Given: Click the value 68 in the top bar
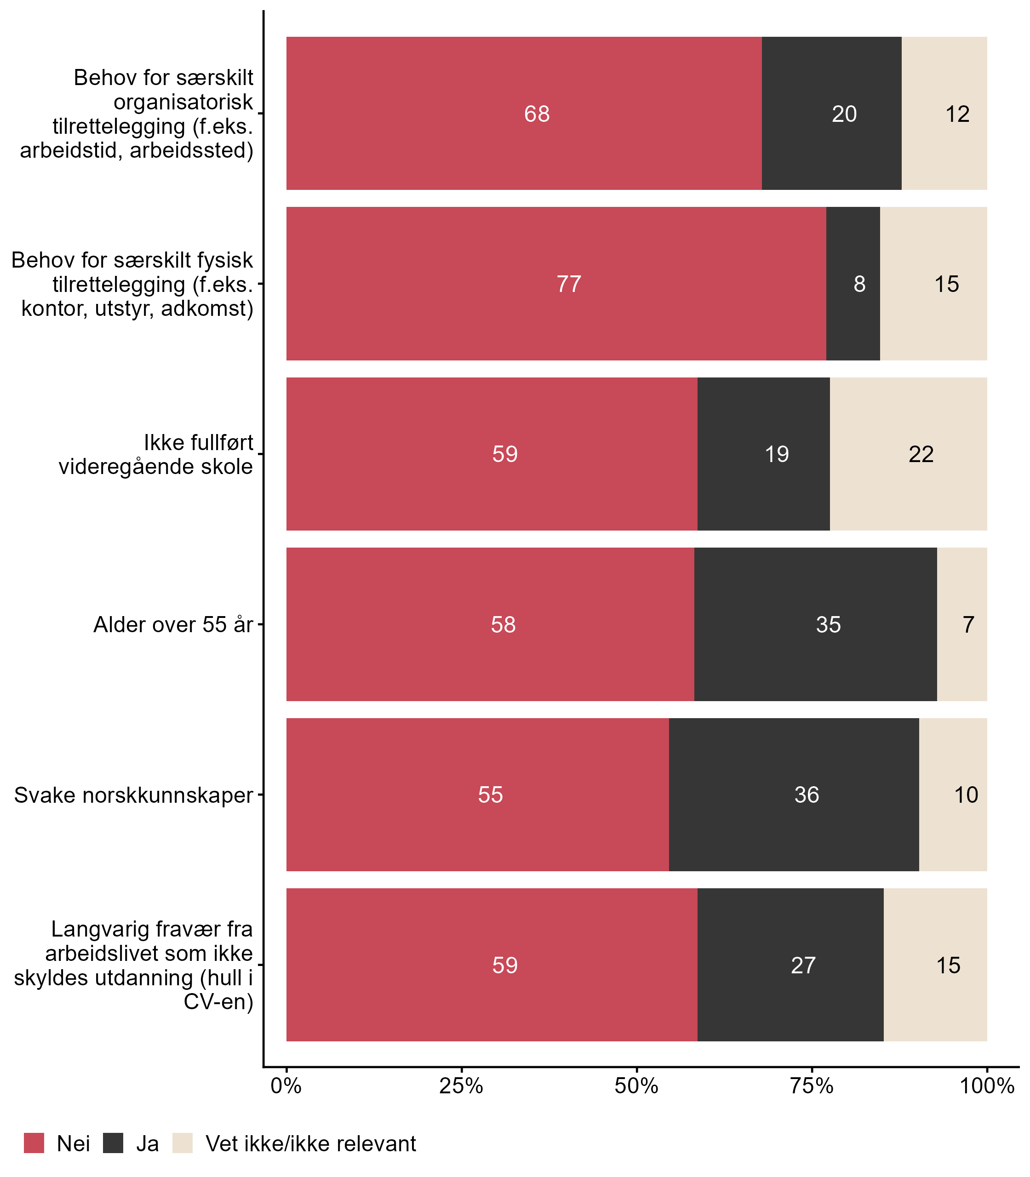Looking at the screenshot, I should point(537,114).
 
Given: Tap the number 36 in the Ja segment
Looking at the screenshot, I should point(807,795).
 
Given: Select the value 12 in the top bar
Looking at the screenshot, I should point(957,114).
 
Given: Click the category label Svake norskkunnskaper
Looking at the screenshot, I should point(133,795).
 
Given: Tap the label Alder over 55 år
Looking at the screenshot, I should point(173,625).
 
